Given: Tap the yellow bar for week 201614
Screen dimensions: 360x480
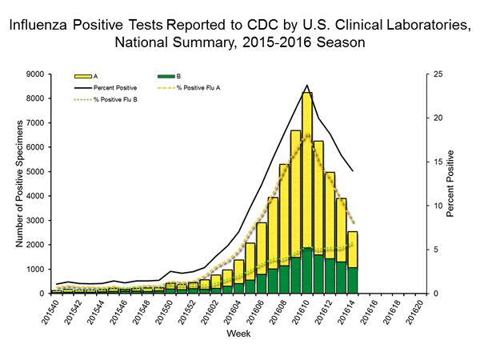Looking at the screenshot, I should (353, 249).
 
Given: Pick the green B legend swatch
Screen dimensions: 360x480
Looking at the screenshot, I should (161, 75).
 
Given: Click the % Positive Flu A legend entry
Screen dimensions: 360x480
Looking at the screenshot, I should (198, 86).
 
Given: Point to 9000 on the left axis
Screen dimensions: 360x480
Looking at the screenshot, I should (35, 74).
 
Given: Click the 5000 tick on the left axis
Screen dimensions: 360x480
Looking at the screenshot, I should (35, 172).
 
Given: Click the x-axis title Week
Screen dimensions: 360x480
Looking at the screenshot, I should (238, 332).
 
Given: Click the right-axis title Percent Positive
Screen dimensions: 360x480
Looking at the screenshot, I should (453, 183).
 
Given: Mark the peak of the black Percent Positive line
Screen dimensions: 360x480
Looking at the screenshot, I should (307, 85).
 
